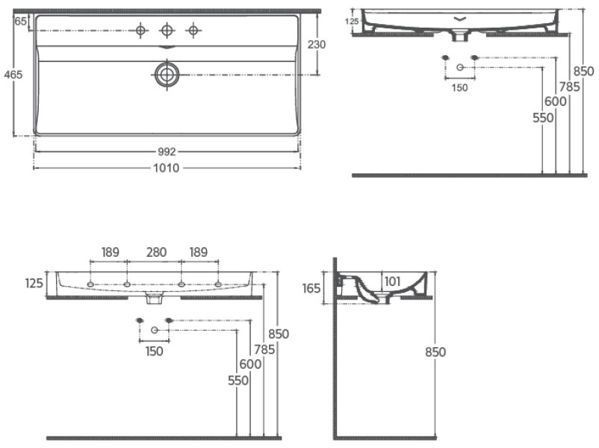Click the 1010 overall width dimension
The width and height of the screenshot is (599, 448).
coord(166,168)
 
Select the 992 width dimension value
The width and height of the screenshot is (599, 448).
coord(167,152)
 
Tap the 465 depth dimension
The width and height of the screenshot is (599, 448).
coord(13,75)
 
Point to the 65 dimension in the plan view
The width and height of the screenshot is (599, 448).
coord(21,21)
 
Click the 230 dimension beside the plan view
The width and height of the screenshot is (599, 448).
coord(317,45)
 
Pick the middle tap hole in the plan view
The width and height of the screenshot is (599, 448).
coord(167,30)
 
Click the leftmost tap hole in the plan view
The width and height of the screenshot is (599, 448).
coord(141,30)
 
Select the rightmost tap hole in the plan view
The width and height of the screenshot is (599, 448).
coord(193,30)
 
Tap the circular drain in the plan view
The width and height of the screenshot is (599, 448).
coord(167,75)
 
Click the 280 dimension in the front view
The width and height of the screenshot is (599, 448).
coord(156,252)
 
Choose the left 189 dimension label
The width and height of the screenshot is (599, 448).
coord(110,252)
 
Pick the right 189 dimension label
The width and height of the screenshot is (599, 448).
coord(198,252)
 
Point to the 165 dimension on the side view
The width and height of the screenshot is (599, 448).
coord(311,288)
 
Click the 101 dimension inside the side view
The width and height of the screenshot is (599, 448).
coord(392,281)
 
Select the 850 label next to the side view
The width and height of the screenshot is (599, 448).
coord(435,352)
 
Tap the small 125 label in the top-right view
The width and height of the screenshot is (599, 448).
coord(352,22)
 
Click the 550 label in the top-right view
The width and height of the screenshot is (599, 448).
coord(543,118)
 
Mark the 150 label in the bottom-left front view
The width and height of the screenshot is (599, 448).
coord(155,352)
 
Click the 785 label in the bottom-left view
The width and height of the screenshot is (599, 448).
coord(264,349)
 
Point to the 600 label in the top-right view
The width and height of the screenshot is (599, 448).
coord(556,102)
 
